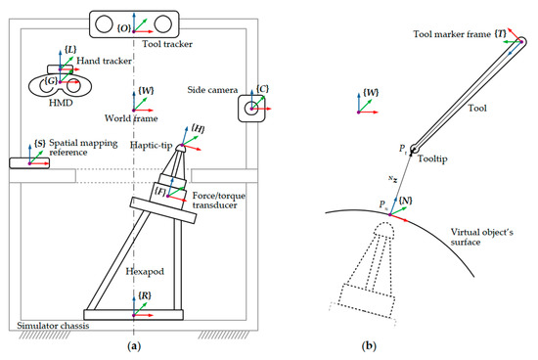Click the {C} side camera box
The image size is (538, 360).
coord(251,108)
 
